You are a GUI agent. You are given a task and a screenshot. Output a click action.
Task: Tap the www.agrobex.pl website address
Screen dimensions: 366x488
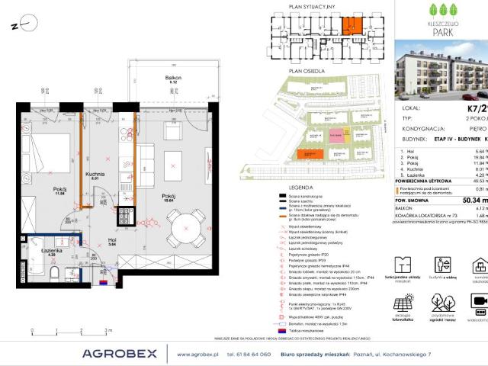pos(199,354)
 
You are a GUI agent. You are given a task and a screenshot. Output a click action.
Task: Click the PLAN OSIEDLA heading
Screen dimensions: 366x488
pos(301,69)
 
